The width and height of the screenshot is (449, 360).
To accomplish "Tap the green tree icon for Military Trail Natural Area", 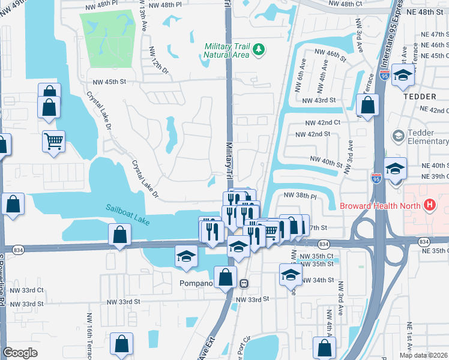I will point(259,49).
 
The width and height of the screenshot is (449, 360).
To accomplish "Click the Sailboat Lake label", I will point(127,213).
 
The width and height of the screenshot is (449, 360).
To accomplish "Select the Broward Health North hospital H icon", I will point(429,205).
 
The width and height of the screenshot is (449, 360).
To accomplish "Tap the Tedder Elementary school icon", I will point(397,136).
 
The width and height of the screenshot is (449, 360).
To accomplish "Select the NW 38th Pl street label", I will point(300,196).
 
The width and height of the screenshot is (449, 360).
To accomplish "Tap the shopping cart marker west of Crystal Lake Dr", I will point(53,142).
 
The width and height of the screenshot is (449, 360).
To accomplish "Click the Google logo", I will point(20,353).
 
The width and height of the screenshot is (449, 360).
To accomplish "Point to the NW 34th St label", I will point(318,280).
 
